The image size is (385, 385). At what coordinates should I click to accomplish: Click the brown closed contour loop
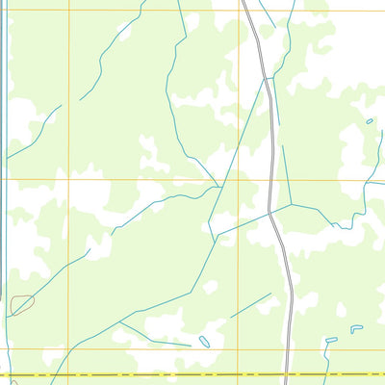[x=22, y=304]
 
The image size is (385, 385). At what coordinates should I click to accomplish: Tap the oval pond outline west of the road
[x=204, y=341]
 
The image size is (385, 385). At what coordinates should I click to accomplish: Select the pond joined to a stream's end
[x=331, y=340]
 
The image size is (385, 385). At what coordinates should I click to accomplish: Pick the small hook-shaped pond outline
[x=356, y=328]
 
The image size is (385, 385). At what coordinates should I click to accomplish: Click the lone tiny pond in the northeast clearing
[x=369, y=121]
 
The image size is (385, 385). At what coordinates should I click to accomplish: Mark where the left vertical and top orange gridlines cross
[x=69, y=11]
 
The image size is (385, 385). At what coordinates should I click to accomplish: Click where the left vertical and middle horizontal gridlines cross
[x=69, y=179]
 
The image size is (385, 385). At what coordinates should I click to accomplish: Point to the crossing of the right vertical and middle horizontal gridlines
[x=239, y=179]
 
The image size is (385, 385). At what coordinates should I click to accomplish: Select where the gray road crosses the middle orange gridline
[x=271, y=179]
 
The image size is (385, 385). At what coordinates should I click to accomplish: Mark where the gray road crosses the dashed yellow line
[x=292, y=374]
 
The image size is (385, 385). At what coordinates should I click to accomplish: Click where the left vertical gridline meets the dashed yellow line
[x=69, y=374]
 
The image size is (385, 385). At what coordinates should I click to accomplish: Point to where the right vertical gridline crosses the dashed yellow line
[x=239, y=374]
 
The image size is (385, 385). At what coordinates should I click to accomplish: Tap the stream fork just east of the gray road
[x=291, y=204]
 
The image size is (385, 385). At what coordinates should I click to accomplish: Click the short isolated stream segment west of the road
[x=250, y=305]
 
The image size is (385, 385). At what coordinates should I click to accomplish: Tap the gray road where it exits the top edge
[x=244, y=2]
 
